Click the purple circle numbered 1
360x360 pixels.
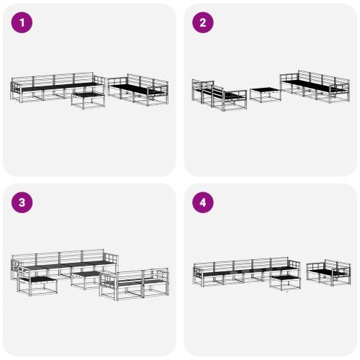22,23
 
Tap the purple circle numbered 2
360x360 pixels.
202,23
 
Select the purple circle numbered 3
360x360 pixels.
22,202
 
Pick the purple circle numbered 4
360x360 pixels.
202,202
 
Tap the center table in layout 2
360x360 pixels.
265,94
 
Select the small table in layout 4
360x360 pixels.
284,280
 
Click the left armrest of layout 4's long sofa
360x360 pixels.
197,274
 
